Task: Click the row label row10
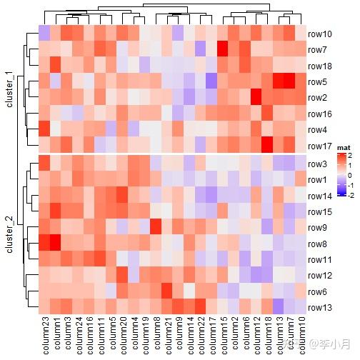click(x=319, y=34)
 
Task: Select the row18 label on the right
click(x=319, y=66)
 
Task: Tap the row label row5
click(x=318, y=82)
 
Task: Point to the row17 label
click(x=319, y=146)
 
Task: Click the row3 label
click(x=318, y=164)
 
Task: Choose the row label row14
click(x=319, y=196)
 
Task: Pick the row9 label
click(x=318, y=228)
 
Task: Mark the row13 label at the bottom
click(x=319, y=308)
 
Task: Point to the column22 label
click(x=201, y=335)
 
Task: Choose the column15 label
click(x=224, y=335)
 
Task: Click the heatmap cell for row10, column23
click(x=44, y=34)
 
